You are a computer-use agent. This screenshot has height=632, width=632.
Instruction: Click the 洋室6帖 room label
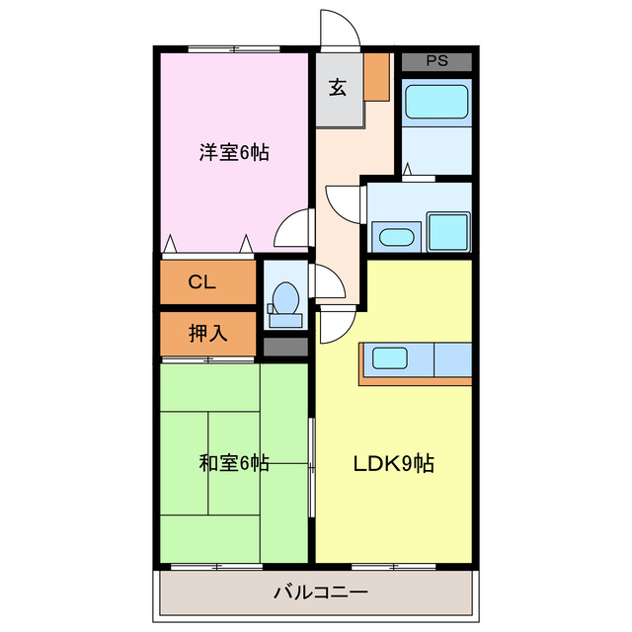234,152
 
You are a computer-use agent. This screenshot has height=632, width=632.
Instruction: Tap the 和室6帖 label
234,462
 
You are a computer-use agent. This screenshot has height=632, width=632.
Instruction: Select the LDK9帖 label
395,462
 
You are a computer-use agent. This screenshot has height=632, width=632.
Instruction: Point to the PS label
436,60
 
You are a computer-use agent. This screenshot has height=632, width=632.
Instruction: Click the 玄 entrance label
338,87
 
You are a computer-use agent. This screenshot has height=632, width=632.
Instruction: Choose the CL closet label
202,282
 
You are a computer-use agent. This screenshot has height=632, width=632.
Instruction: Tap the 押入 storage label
208,333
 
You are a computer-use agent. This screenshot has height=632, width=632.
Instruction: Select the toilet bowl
285,297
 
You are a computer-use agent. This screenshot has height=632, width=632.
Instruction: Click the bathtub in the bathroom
435,101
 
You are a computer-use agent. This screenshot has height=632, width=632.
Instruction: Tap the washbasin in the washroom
397,237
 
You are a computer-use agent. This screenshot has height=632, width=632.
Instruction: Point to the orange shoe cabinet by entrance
376,76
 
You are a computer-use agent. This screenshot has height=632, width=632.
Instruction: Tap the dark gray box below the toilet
285,347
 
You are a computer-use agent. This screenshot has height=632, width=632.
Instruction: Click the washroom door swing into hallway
346,201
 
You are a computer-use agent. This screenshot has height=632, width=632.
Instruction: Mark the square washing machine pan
449,232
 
